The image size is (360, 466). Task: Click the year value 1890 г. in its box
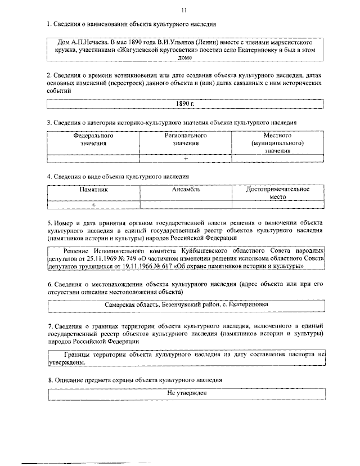click(185, 104)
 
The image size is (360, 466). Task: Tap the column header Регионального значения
click(186, 140)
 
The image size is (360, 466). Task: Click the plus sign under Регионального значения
click(186, 159)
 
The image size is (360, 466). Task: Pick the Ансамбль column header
click(186, 190)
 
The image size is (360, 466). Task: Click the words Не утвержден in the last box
click(186, 392)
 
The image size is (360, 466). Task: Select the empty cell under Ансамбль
click(186, 205)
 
